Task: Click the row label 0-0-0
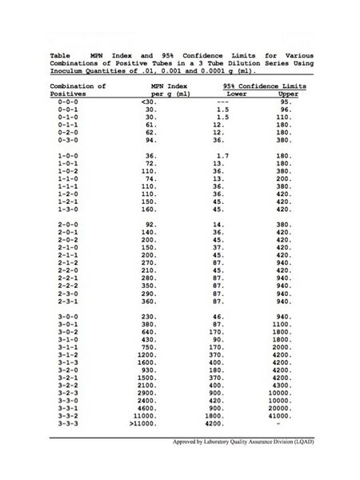(67, 102)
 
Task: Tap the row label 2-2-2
(67, 286)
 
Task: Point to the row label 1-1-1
(67, 185)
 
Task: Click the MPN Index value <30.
(149, 102)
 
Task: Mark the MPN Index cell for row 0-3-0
(150, 138)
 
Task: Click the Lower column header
(224, 94)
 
